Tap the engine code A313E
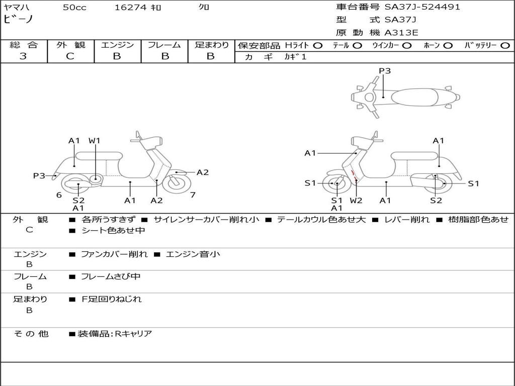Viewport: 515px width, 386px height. coord(401,33)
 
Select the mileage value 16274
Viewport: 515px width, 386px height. coord(131,8)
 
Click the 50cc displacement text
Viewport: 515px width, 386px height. coord(74,8)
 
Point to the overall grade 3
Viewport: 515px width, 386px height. coord(23,56)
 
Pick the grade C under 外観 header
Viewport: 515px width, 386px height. coord(70,56)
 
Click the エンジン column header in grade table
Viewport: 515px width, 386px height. coord(117,45)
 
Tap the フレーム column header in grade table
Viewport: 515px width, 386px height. coord(164,45)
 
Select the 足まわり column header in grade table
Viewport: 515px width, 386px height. coord(211,45)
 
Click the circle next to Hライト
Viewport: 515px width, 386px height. coord(318,46)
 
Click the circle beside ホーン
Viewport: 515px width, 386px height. coord(448,46)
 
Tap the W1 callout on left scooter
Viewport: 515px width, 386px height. coord(95,141)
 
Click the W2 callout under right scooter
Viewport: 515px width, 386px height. coord(356,201)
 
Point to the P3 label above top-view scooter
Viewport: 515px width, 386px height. coord(385,71)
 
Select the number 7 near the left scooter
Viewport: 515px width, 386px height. coord(193,195)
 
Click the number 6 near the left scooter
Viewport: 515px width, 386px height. coord(59,195)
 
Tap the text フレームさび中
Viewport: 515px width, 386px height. coord(111,276)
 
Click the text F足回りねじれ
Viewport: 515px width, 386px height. coord(112,299)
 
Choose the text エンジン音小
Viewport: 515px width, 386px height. coord(193,254)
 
